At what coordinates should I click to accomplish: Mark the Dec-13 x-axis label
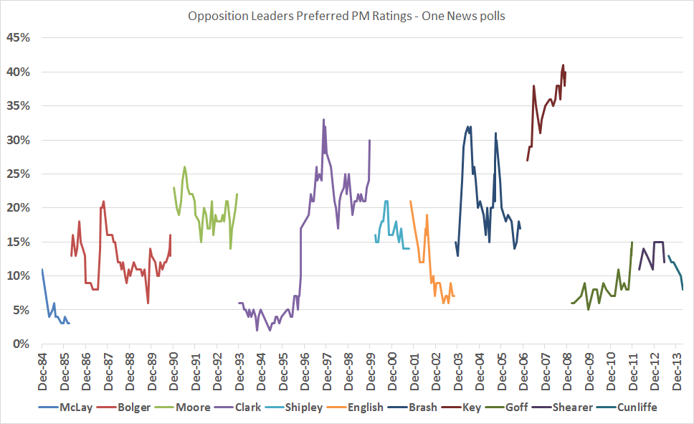[x=676, y=370]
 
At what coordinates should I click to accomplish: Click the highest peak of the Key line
[x=563, y=65]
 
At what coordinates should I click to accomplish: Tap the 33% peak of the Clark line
[x=323, y=120]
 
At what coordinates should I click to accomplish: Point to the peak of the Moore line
[x=184, y=167]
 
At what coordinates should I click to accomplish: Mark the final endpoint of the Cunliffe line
[x=683, y=289]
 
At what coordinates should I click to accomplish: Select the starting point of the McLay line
[x=42, y=270]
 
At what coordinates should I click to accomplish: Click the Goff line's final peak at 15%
[x=632, y=242]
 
